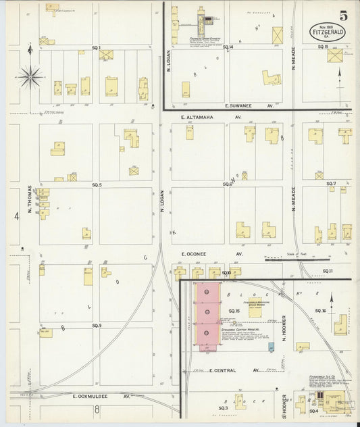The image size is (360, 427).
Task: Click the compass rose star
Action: pyautogui.click(x=30, y=76)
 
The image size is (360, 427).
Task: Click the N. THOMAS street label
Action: pyautogui.click(x=30, y=201)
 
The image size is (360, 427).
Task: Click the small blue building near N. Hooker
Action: pyautogui.click(x=272, y=347)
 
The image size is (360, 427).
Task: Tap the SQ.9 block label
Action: pyautogui.click(x=97, y=326)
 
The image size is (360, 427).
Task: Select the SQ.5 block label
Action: pyautogui.click(x=97, y=184)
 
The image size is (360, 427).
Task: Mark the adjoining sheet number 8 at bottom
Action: pyautogui.click(x=97, y=409)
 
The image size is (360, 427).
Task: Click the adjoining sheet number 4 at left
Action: pyautogui.click(x=16, y=216)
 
